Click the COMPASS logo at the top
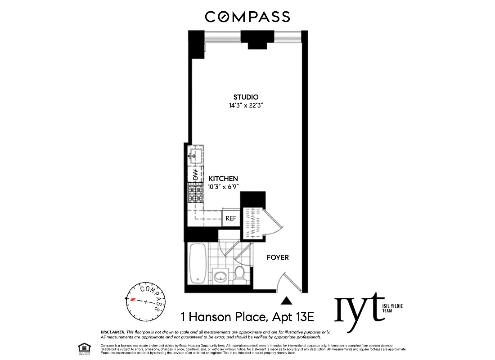click(x=247, y=17)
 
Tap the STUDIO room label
click(x=245, y=97)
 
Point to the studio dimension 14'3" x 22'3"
click(x=245, y=106)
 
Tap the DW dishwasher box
click(x=195, y=175)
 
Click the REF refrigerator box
click(x=231, y=218)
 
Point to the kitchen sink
click(x=196, y=155)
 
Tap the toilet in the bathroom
click(x=240, y=273)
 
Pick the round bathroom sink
click(x=220, y=275)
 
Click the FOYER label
click(x=278, y=258)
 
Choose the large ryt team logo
click(x=359, y=309)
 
